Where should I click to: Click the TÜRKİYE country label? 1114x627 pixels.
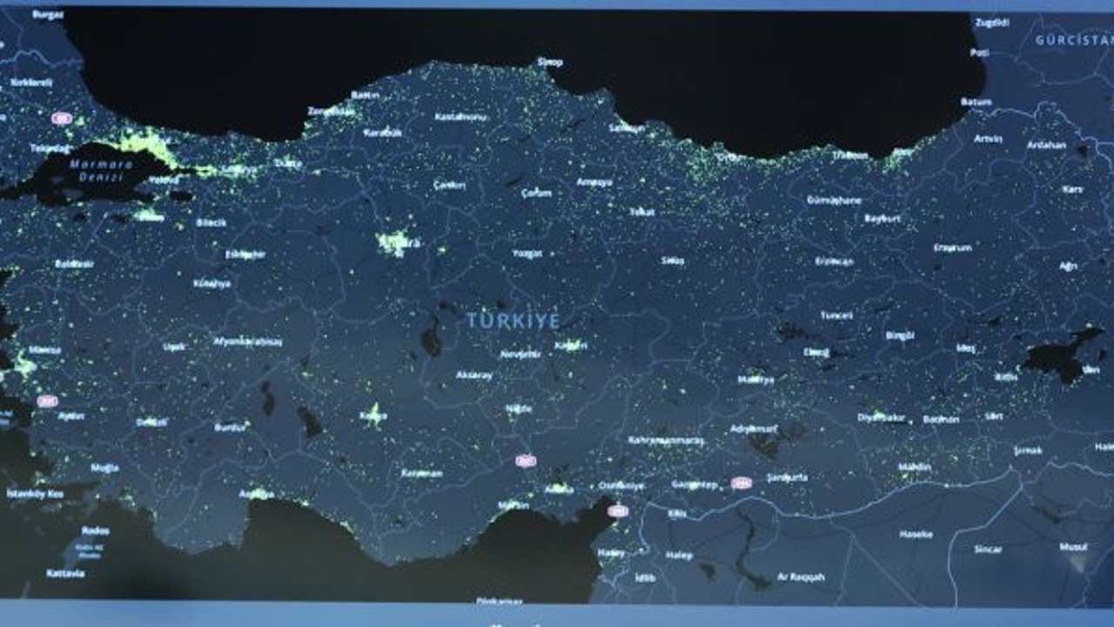point(513,320)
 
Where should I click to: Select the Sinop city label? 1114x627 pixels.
point(550,62)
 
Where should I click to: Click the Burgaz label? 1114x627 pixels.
point(47,15)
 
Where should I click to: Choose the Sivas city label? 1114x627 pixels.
point(672,260)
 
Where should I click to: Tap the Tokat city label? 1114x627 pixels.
point(641,212)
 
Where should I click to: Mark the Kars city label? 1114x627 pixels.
point(1071,189)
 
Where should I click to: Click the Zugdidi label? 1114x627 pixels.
point(991,24)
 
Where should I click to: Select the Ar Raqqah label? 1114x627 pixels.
point(801,576)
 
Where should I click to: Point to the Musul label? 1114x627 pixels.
point(1072,547)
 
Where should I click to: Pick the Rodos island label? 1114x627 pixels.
point(96,530)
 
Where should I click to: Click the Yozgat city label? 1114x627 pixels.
point(527,253)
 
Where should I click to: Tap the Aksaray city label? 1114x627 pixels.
point(474,375)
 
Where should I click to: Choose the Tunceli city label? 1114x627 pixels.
point(836,315)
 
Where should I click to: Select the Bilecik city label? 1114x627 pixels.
point(211,223)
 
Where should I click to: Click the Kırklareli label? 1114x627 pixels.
point(31,82)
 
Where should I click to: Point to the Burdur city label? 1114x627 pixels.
point(231,428)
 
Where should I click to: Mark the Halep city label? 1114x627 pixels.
point(679,556)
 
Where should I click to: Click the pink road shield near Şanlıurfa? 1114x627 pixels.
point(742,482)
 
